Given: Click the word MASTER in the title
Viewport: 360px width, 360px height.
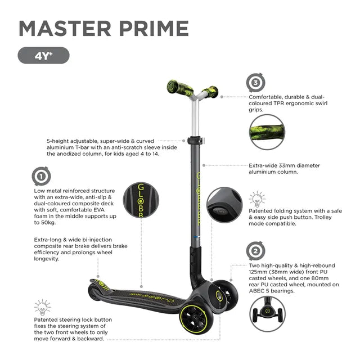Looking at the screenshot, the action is coord(65,29).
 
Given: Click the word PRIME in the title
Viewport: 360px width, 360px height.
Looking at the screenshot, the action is coord(154,29).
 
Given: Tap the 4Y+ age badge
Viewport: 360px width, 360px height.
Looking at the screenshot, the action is coord(44,55).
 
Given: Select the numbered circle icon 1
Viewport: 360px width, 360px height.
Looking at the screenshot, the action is coord(41,176).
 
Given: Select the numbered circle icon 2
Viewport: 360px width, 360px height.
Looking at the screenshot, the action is coord(255,251).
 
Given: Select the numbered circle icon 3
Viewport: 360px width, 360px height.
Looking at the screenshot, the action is coord(256,83).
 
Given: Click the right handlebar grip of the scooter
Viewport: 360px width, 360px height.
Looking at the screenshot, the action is coord(210,92).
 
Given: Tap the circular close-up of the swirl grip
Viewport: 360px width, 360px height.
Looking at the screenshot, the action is coord(267,132).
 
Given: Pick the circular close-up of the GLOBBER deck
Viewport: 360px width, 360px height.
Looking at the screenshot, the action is coord(141,200).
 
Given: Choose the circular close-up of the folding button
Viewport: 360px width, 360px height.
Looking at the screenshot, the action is coord(224,205).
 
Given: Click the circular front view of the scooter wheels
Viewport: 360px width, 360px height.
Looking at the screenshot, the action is coord(267,314).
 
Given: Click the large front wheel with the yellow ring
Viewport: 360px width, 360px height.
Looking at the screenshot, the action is coord(196,319).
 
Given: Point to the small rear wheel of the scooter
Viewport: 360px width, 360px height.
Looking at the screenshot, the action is coord(93,292).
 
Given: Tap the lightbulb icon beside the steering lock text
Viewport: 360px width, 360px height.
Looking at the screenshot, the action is coord(43,307).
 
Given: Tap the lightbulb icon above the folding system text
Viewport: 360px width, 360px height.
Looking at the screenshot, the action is coord(257,199).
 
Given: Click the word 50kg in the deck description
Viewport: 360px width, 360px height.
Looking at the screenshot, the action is coord(48,223).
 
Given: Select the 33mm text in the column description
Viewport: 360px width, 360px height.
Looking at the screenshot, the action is coord(287,165).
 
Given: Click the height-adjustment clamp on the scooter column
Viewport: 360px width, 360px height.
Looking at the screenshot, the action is coord(196,140).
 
